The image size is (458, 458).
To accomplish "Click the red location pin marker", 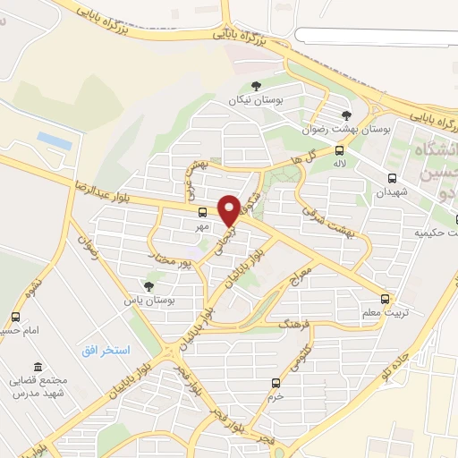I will (x=230, y=210).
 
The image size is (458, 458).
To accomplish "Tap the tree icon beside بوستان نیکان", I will (x=257, y=87).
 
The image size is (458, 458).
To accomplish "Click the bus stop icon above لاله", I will (x=339, y=150).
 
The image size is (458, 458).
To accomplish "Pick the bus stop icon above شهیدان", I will (x=392, y=177).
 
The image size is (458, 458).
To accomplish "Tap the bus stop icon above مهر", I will (x=202, y=213).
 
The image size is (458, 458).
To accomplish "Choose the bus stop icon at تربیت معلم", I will (x=385, y=299).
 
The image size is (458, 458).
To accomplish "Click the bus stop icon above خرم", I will (x=276, y=382).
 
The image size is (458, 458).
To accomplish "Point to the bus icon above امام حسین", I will (x=15, y=317).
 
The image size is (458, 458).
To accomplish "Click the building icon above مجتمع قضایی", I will (x=37, y=368).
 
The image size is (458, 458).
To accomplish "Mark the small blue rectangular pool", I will (x=55, y=140).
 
